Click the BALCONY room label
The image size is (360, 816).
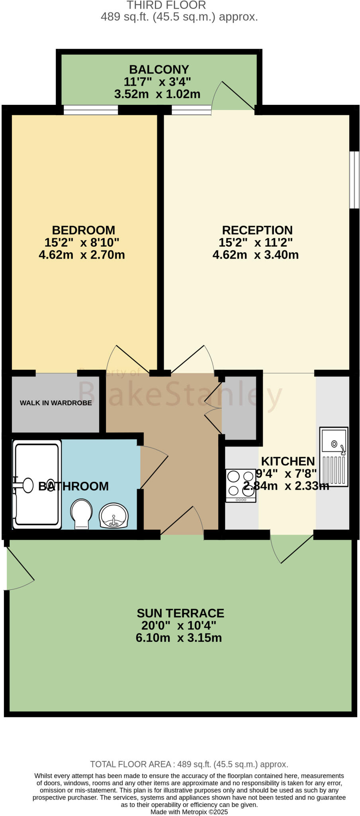coord(159,69)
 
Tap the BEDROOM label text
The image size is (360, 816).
coord(84,230)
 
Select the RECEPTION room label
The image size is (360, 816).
coord(257,230)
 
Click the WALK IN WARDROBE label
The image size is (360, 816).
coord(56,403)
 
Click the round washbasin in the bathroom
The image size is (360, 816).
coord(114,516)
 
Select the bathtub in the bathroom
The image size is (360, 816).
coord(37,484)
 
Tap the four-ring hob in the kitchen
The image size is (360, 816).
coord(241,485)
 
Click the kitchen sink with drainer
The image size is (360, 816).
coord(334,457)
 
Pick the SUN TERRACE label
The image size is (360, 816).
coord(180,613)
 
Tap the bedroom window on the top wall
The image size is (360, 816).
coord(91,110)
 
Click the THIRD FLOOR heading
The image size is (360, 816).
coord(166,5)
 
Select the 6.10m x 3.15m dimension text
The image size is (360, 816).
coord(179,637)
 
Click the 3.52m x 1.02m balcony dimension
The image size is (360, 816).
coord(157,94)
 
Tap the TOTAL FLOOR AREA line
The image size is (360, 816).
coord(189,764)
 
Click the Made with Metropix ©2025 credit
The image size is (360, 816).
coord(189,812)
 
